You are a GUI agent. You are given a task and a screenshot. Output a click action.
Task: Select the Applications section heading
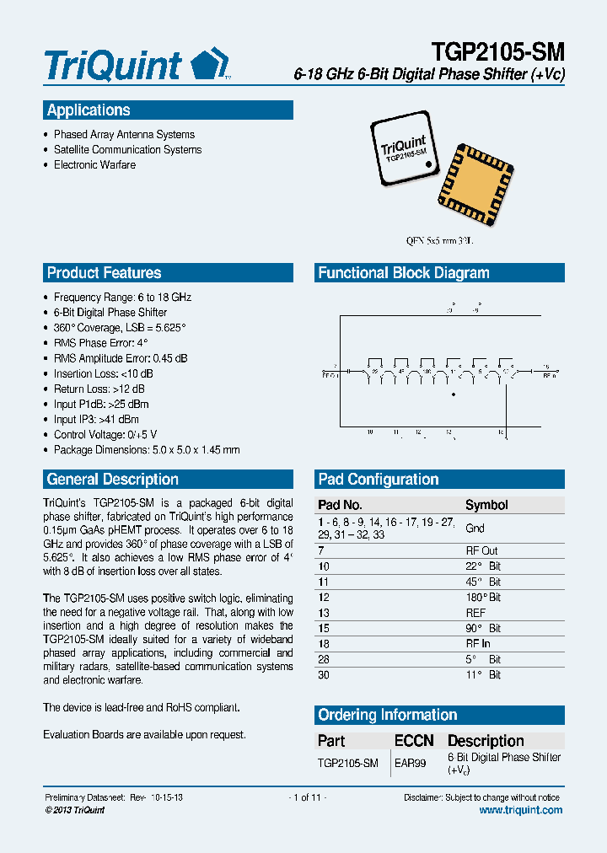pos(89,110)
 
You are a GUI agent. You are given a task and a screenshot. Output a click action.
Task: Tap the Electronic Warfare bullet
pos(94,164)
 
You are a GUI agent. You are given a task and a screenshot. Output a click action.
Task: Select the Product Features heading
pos(104,273)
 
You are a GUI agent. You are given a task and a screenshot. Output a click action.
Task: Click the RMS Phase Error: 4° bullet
pos(100,343)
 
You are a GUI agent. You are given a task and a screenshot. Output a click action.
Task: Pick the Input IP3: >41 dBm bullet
pos(96,419)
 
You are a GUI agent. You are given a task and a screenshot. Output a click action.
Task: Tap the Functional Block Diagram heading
pos(403,273)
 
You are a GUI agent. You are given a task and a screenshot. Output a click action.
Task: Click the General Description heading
pos(112,480)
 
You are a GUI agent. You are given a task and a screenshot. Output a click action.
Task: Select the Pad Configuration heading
pos(378,480)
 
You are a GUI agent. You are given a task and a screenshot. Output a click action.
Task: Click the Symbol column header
pos(486,505)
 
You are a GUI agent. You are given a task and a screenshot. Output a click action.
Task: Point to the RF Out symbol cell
pos(481,550)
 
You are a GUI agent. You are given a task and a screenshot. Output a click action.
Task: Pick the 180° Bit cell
pos(483,598)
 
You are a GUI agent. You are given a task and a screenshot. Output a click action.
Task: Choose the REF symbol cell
pos(475,613)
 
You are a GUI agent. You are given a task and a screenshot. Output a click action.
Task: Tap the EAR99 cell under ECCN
pos(411,763)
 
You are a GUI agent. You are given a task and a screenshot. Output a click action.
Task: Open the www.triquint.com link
pos(520,810)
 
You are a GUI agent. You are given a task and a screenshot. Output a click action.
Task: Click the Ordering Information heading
pos(387,716)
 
